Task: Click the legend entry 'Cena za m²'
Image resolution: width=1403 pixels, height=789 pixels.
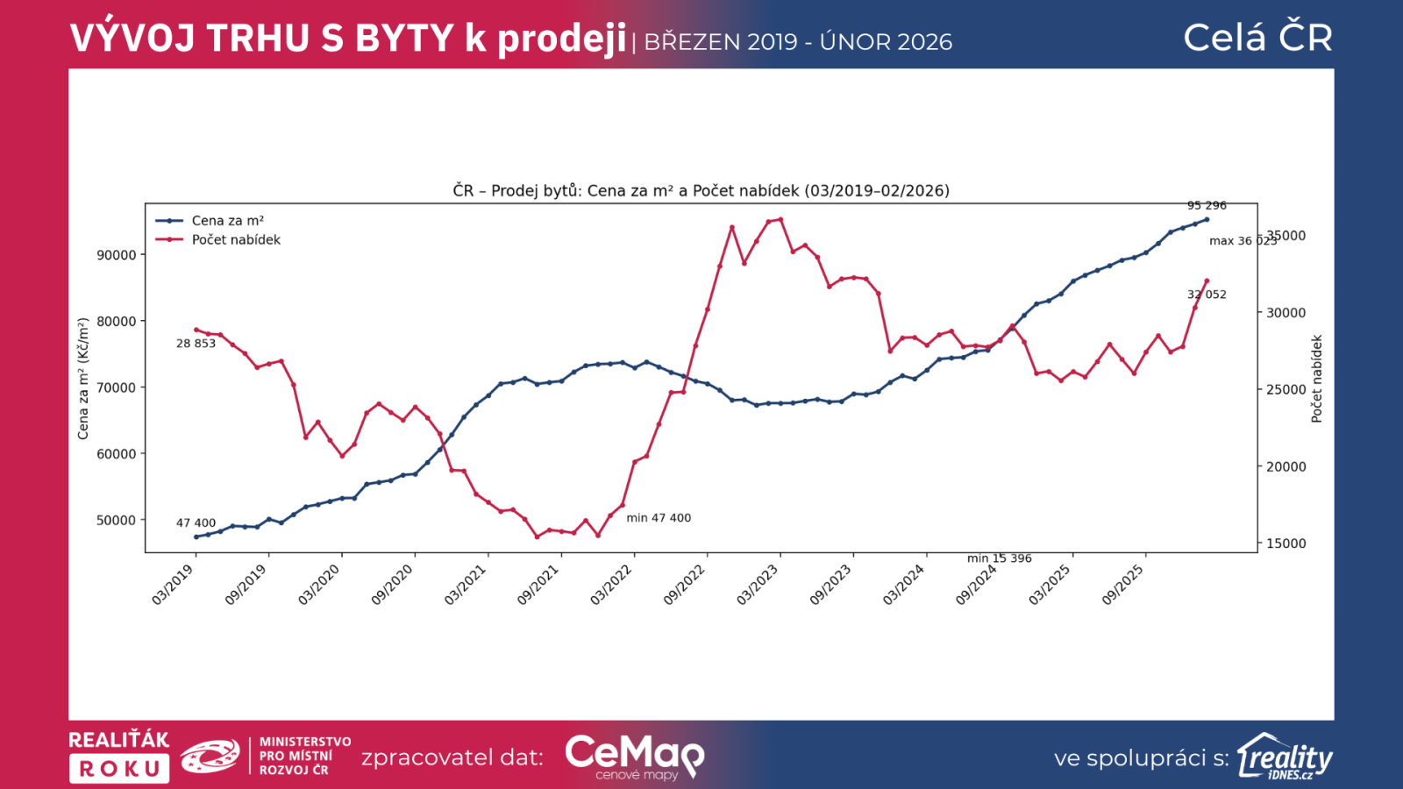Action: [227, 221]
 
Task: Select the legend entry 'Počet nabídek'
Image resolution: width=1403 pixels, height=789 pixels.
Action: [236, 240]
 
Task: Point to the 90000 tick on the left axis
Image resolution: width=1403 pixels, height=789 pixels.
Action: [117, 255]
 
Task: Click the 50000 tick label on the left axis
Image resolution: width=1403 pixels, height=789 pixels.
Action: [117, 520]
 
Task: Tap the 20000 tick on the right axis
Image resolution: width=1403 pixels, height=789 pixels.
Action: [1285, 466]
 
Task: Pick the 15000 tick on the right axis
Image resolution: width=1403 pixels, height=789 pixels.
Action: [1285, 544]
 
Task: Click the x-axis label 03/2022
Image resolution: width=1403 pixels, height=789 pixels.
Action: [611, 584]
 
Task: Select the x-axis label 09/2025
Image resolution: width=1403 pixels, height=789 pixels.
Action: [1123, 584]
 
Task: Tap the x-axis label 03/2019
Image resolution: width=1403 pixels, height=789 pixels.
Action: [173, 584]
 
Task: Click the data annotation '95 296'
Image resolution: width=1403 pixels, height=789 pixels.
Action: [1207, 206]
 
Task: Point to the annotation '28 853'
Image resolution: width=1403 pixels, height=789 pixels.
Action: [196, 344]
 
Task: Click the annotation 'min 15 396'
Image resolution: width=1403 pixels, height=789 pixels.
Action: [999, 558]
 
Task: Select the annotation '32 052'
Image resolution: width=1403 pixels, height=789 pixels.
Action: [1207, 295]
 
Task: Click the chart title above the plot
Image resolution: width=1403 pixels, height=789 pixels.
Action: [701, 190]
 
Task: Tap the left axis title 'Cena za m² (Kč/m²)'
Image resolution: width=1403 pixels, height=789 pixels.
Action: [83, 379]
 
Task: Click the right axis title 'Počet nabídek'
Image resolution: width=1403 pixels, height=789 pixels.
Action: [1316, 379]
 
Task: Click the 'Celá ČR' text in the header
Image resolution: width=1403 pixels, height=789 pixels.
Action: [1257, 38]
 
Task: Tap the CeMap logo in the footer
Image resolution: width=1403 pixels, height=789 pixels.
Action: [634, 757]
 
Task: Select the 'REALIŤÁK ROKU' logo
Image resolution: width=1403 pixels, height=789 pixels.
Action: [119, 757]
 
